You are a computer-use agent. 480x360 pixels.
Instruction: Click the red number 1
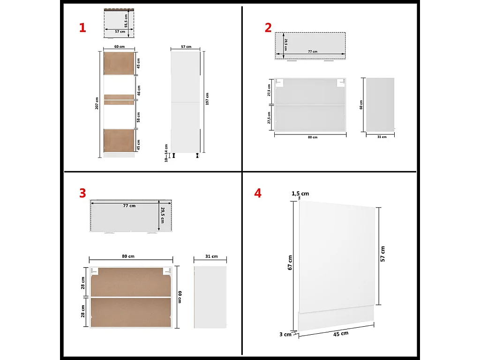[82, 28]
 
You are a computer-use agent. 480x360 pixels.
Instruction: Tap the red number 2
[268, 28]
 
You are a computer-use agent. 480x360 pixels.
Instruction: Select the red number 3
[82, 193]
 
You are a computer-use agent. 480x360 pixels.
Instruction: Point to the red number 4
[257, 193]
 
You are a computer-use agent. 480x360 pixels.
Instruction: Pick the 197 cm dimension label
[207, 98]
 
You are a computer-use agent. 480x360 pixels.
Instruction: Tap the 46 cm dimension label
[139, 89]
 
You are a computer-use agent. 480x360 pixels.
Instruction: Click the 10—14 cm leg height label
[166, 153]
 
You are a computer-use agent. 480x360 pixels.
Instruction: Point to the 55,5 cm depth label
[126, 21]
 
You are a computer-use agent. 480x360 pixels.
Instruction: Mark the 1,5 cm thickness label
[300, 194]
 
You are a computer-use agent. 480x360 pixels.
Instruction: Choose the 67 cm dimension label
[290, 262]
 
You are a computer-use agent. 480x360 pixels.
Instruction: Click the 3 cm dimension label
[285, 334]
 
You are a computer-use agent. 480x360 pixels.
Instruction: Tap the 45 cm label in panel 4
[341, 333]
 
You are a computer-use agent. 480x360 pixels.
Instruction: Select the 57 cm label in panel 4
[383, 253]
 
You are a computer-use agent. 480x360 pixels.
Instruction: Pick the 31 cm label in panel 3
[211, 256]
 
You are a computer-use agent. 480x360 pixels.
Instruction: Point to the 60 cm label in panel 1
[120, 46]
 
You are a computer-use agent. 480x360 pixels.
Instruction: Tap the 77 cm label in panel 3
[129, 206]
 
